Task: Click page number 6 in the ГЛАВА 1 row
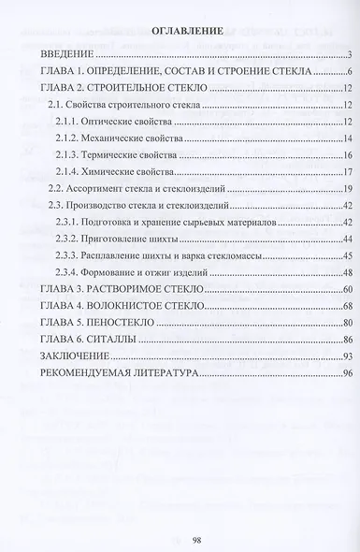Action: tap(347, 72)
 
